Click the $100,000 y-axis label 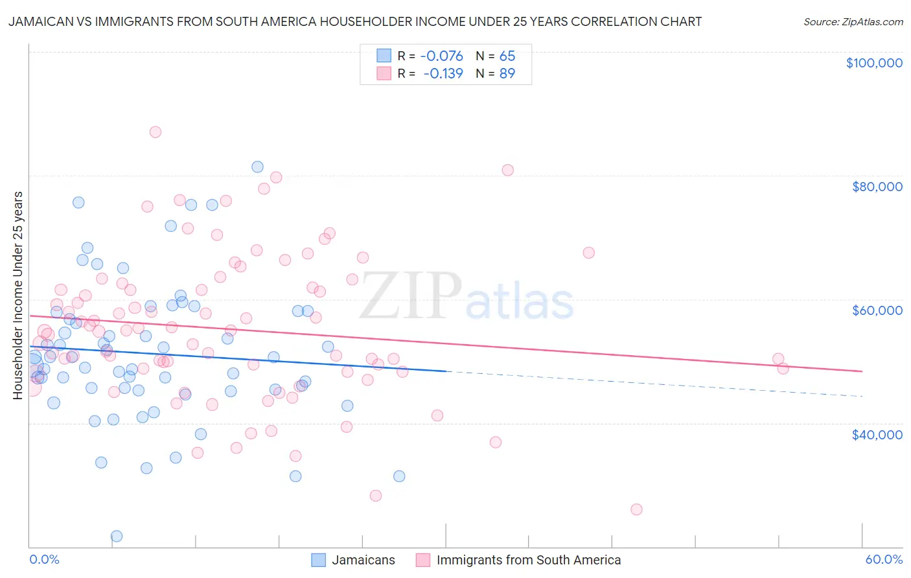[x=873, y=63]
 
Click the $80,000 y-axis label [x=877, y=187]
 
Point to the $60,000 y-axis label [x=877, y=310]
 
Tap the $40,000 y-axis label [x=877, y=434]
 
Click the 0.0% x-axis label [x=44, y=559]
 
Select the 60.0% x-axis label [x=884, y=559]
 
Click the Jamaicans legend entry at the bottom [x=363, y=560]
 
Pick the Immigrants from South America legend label [x=528, y=560]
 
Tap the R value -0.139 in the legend [x=444, y=74]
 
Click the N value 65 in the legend [x=507, y=56]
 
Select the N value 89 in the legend [x=507, y=74]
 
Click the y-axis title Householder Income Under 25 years [x=17, y=295]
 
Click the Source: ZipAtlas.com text [x=853, y=22]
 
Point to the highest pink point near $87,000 [x=155, y=132]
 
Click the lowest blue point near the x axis [x=117, y=536]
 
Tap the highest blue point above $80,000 [x=257, y=167]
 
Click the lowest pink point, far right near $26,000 [x=636, y=509]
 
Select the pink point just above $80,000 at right [x=507, y=170]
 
